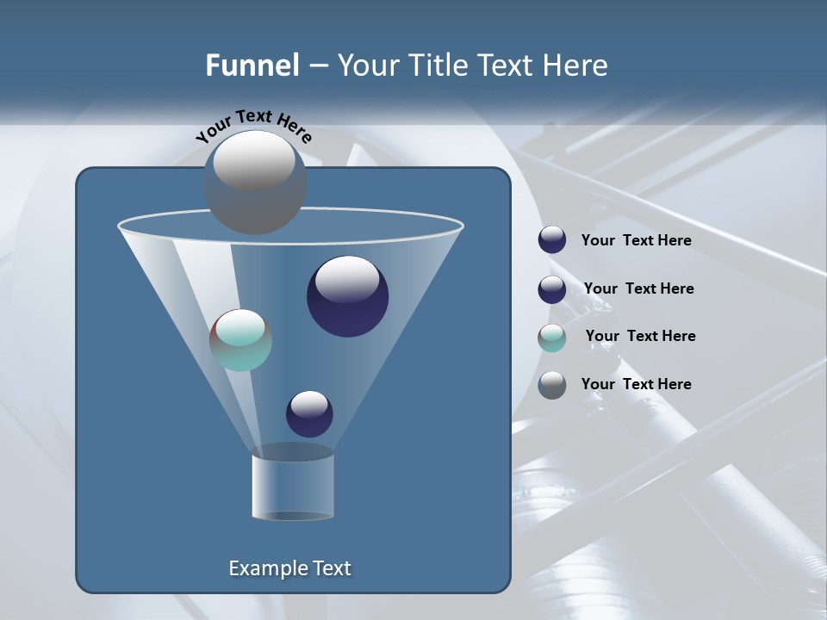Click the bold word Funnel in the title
[252, 65]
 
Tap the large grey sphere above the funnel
[255, 183]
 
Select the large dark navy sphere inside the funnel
[348, 297]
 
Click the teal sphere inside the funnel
[240, 340]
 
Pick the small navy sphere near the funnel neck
[309, 414]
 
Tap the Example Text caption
[289, 568]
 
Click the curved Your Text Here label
[253, 126]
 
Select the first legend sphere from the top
[552, 240]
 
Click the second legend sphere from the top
[552, 289]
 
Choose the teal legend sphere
[552, 338]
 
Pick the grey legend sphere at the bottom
[552, 385]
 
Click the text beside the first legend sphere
[636, 241]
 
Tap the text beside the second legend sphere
[638, 289]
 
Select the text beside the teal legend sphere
[640, 337]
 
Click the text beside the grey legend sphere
[636, 385]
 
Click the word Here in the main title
[575, 65]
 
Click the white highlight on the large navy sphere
[348, 279]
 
